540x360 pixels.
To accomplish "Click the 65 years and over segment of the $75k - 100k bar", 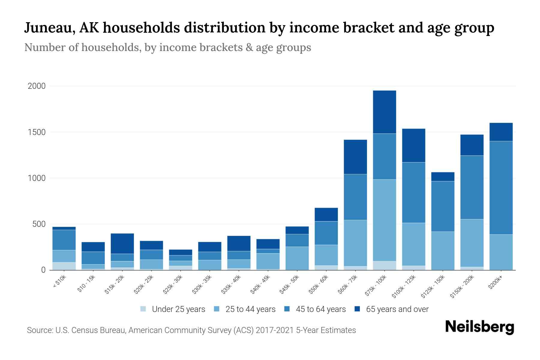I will coord(384,112).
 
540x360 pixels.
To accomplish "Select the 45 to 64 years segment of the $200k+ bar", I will coord(501,187).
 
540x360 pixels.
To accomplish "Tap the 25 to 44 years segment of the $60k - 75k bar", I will coord(355,243).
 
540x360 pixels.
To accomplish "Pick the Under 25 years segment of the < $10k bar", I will coord(64,266).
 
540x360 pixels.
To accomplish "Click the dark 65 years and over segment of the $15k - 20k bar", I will coord(122,244).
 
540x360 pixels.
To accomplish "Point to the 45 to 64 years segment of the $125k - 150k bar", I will coord(442,206).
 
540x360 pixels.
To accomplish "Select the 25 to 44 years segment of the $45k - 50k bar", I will coord(297,258).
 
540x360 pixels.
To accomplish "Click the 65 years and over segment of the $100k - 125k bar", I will coord(413,145).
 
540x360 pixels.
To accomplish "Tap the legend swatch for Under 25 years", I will coord(143,309).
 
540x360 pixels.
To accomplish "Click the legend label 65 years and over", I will coord(397,309).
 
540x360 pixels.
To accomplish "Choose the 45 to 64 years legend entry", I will coord(320,309).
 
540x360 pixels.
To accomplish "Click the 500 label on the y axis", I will coord(39,224).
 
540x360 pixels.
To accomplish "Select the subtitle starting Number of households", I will coord(167,47).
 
